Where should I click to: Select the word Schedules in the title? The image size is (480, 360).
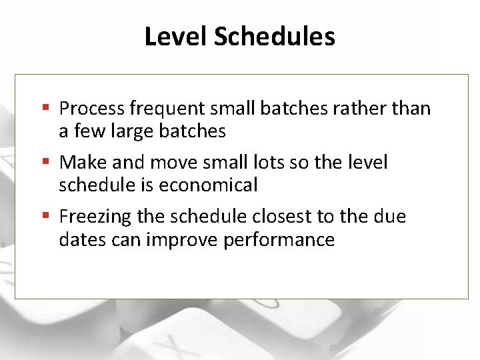(274, 37)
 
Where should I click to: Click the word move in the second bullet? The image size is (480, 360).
(175, 163)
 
